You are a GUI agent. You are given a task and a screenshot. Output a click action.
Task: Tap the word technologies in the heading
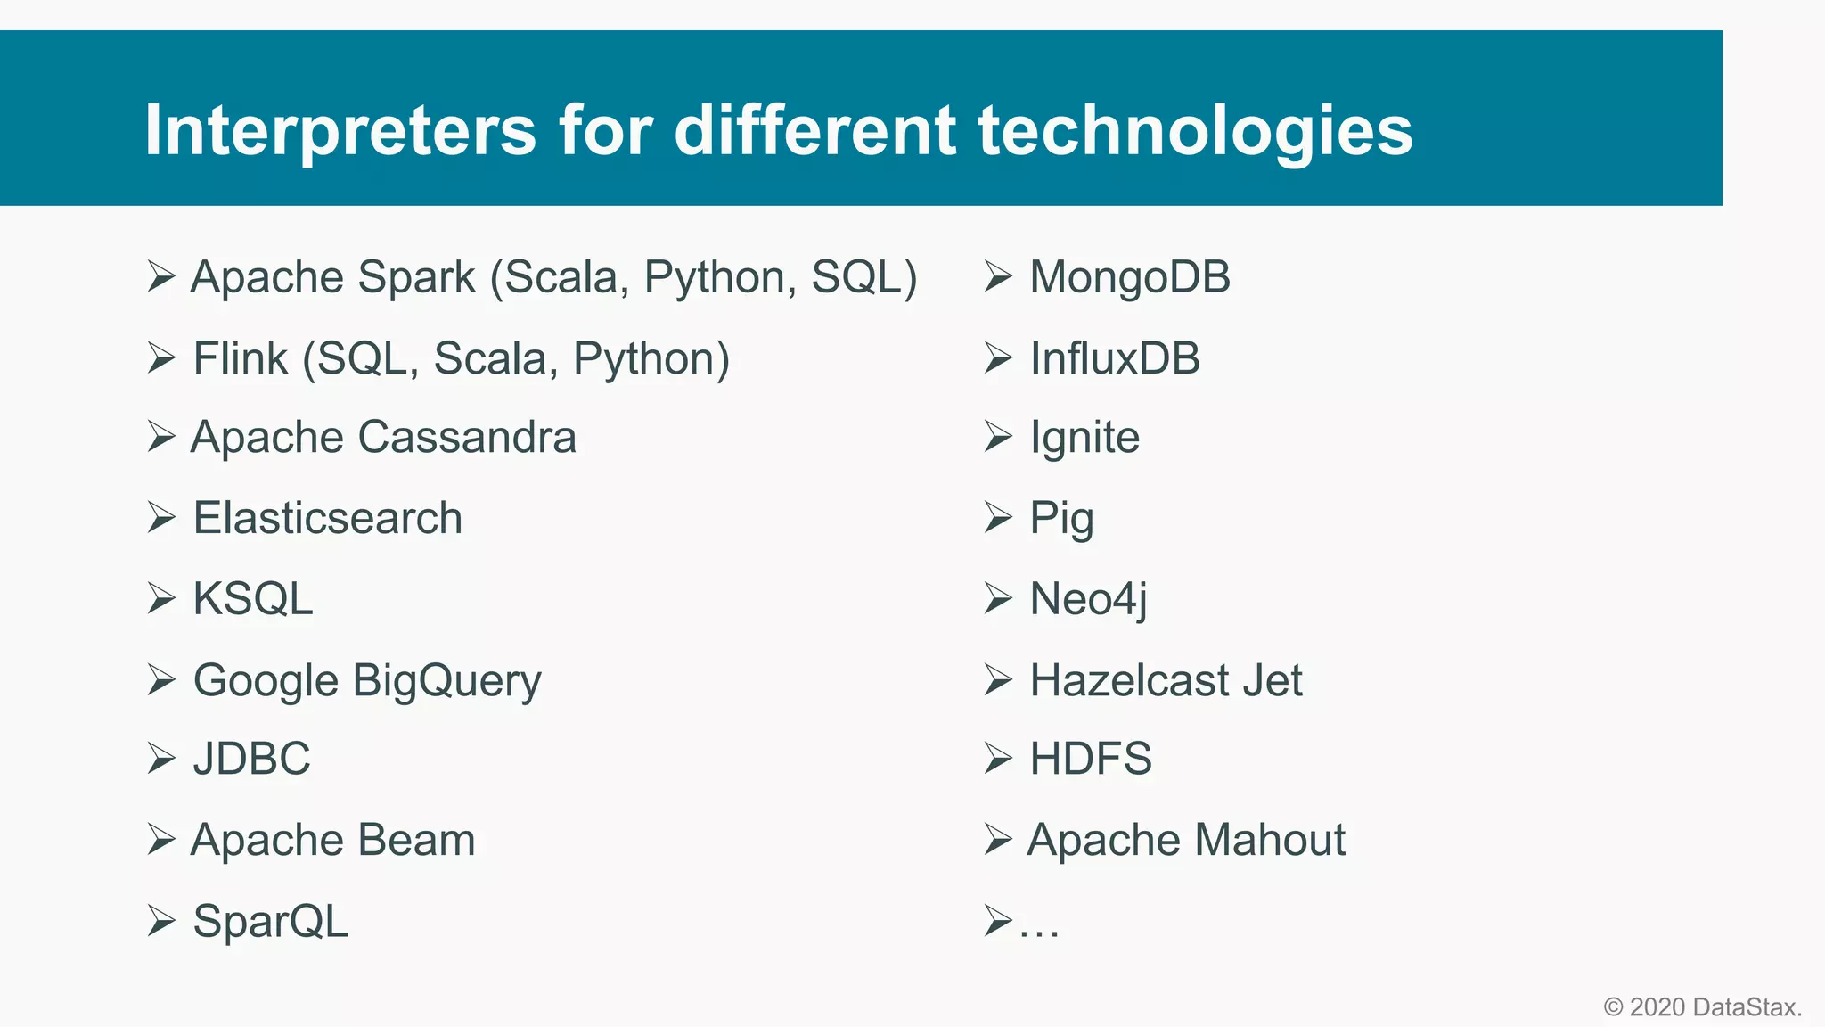pos(1195,131)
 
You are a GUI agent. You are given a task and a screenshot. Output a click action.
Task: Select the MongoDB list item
pos(1129,277)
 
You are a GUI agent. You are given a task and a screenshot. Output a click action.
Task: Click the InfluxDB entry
pos(1115,358)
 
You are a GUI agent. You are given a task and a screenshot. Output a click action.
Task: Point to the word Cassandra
pos(467,438)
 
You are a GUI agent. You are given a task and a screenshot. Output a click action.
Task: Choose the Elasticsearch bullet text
pos(327,518)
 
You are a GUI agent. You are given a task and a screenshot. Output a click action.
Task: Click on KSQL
pos(253,598)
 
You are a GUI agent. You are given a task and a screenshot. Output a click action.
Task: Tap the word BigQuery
pos(446,681)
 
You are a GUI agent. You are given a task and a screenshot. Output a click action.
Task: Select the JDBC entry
pos(251,759)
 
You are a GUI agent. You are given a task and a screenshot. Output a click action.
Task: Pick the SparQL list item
pos(270,921)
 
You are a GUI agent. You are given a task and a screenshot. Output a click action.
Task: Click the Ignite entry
pos(1084,438)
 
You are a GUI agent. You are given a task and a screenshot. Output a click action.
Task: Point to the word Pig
pos(1061,519)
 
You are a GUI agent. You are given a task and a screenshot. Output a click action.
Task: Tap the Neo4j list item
pos(1088,599)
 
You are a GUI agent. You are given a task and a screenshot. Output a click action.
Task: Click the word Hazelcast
pos(1128,680)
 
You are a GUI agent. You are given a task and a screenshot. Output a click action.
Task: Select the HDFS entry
pos(1091,759)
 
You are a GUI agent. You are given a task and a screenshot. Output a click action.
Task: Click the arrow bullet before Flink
pos(161,358)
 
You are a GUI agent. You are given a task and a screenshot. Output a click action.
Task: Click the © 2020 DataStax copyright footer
pos(1702,1007)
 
